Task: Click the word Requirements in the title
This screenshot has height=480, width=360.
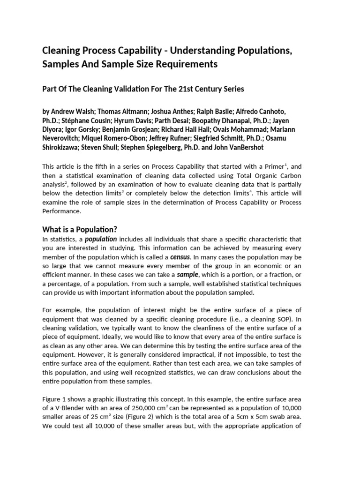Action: coord(185,64)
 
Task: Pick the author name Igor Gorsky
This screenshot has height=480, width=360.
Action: coord(82,129)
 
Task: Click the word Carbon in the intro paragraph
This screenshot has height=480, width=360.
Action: coord(302,175)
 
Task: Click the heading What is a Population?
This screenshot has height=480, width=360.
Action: coord(79,229)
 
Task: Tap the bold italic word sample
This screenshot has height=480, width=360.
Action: coord(187,274)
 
